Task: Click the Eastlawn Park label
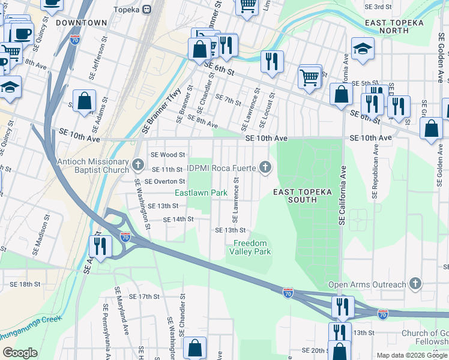pos(200,193)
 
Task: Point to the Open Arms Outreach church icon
pos(414,283)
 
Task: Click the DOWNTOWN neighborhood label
pos(81,23)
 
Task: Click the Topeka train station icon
pos(145,10)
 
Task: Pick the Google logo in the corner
pos(19,353)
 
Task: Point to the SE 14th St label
pos(179,220)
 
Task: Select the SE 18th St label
pos(25,284)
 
